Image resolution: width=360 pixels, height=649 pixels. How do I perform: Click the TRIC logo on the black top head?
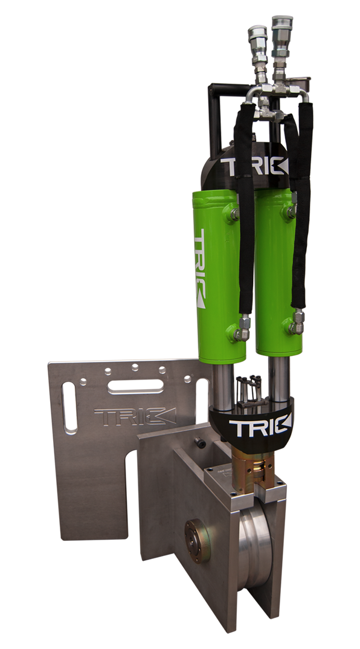[x=254, y=166]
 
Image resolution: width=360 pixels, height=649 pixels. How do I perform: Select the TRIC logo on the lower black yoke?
[x=260, y=428]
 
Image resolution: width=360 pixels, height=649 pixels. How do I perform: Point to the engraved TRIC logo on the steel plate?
[x=135, y=416]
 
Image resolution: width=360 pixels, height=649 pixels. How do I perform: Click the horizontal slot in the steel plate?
[x=136, y=387]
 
